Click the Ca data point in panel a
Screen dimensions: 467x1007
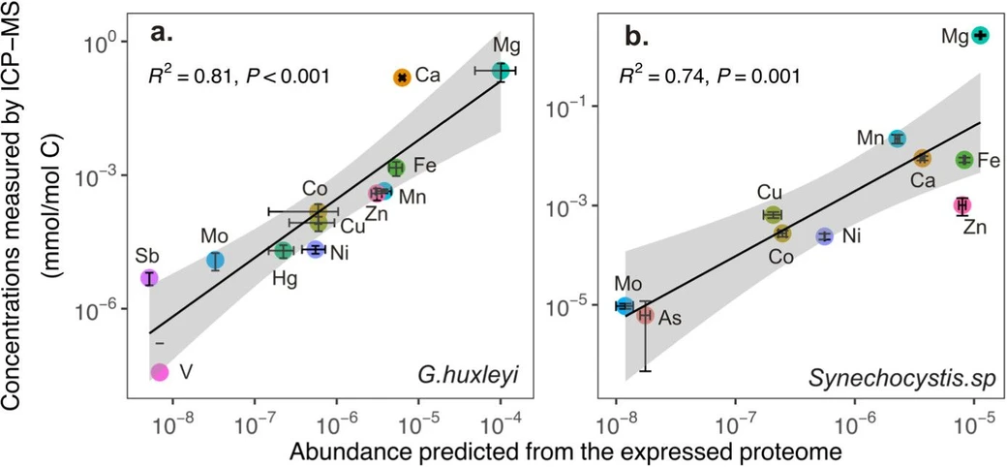[x=402, y=77]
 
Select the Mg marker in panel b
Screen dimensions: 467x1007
[x=980, y=35]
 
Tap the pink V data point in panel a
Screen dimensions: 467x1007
[x=160, y=372]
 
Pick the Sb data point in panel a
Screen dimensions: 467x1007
[x=149, y=278]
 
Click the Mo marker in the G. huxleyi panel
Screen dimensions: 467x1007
[x=215, y=261]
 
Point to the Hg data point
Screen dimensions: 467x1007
[x=283, y=251]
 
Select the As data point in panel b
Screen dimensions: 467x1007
[x=645, y=315]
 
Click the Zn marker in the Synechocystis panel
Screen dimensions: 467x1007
[x=961, y=205]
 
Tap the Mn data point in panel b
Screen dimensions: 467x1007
[x=898, y=139]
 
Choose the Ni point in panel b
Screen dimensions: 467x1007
[x=824, y=235]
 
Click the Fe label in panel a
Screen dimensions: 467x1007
[x=424, y=166]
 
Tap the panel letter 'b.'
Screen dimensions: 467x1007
[x=635, y=38]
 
